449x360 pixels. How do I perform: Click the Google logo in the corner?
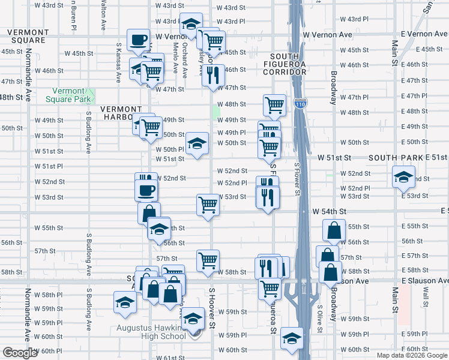tap(20, 353)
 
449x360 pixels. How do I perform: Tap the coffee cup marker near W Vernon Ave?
tap(139, 40)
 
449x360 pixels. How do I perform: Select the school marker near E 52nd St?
tap(403, 176)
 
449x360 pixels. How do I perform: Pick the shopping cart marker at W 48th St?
tap(274, 105)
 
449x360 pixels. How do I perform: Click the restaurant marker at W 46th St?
tap(213, 75)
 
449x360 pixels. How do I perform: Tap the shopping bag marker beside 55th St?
tap(334, 230)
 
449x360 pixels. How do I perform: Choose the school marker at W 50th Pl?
tap(197, 143)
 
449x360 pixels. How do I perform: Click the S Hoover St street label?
tap(212, 308)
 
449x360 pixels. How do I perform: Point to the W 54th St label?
tap(330, 212)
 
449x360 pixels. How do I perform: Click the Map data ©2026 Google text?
tap(412, 355)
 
